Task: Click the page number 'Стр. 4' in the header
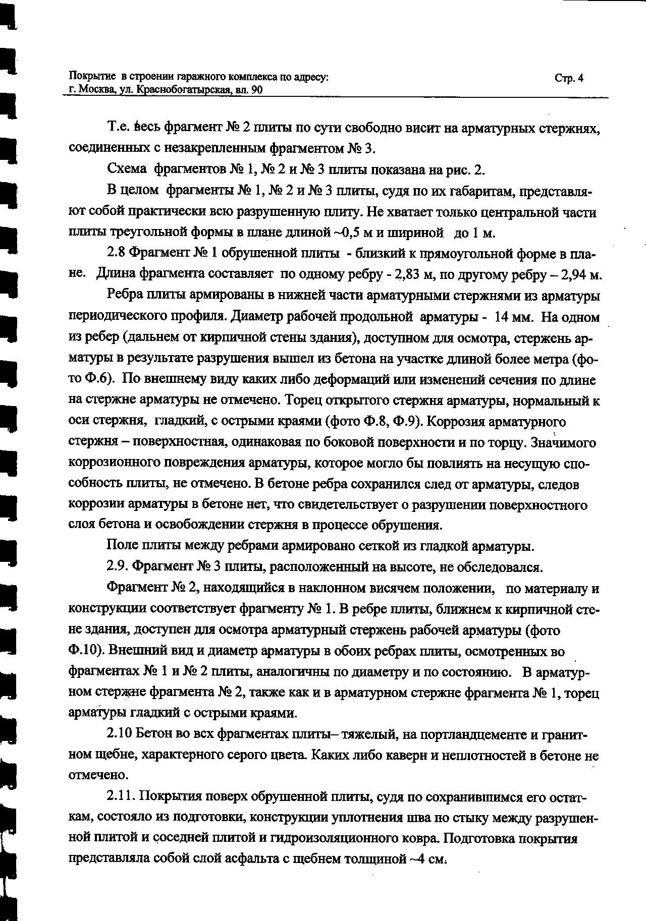click(x=569, y=78)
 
